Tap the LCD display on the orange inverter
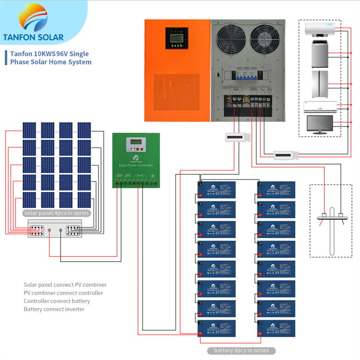[174, 37]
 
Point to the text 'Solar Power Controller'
[135, 165]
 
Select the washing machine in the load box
[318, 54]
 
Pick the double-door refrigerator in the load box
[318, 83]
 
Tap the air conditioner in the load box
[318, 106]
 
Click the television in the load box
[318, 125]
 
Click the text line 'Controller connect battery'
[57, 301]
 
